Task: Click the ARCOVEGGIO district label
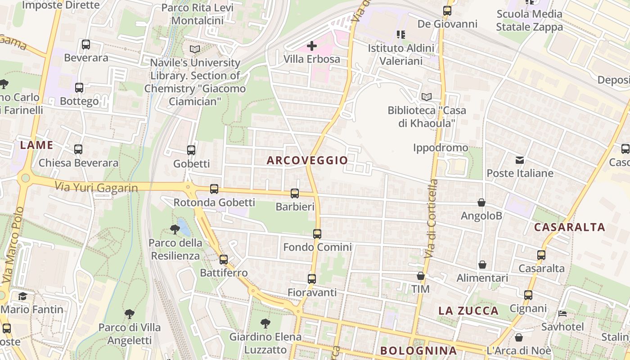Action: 307,160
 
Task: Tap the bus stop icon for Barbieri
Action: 295,193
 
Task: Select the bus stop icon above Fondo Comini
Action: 317,234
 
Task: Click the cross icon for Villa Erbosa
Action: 312,45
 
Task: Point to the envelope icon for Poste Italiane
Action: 520,160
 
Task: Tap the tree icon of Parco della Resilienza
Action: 175,229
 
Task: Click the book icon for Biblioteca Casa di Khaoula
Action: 426,97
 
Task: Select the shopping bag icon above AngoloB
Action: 481,202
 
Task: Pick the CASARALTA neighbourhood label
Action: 569,227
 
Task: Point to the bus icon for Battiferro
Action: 224,259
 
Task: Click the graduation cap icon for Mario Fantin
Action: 22,296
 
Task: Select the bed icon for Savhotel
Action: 562,313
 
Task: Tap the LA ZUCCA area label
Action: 468,310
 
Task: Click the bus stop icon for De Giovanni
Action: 447,10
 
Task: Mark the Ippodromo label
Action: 441,148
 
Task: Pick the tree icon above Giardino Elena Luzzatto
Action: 265,323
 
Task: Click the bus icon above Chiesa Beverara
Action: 78,149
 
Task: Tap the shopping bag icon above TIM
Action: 421,275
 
